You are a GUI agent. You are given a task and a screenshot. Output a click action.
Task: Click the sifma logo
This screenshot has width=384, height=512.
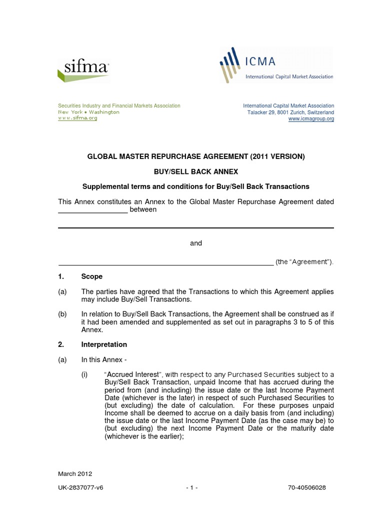point(83,68)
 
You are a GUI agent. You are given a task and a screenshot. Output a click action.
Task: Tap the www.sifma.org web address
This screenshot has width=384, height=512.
point(77,118)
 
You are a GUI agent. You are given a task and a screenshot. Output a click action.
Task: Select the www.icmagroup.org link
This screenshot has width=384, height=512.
point(311,119)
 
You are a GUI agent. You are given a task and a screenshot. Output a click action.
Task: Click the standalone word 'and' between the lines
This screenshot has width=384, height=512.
point(196,243)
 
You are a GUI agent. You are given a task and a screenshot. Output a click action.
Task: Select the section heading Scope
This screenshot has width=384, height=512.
point(91,276)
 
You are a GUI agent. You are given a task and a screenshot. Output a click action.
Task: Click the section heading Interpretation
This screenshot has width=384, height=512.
point(104,344)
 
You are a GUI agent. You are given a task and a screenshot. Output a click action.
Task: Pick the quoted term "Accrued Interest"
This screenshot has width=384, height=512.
point(129,375)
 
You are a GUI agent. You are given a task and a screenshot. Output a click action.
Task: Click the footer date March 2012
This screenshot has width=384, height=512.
point(75,474)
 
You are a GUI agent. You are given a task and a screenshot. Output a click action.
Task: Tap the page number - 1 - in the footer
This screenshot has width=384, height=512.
point(192,487)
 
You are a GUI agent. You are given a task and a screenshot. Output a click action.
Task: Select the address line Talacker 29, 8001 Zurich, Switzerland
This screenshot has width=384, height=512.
point(290,112)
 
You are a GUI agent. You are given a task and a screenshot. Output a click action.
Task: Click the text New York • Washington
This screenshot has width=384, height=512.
point(89,112)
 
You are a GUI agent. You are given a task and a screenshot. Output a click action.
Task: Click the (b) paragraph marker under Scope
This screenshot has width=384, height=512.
point(63,314)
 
